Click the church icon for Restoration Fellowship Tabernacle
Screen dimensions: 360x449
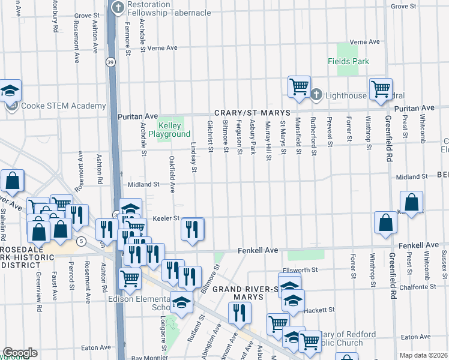[118, 8]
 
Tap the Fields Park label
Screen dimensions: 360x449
[348, 61]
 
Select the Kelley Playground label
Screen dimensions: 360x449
[169, 130]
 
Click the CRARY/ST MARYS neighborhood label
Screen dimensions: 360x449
[253, 113]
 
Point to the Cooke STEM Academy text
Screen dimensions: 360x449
[55, 106]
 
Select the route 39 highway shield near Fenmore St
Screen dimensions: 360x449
[110, 61]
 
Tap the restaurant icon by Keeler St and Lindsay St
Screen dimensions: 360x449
[193, 229]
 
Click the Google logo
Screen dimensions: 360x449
[19, 353]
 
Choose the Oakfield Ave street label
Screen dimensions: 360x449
[172, 174]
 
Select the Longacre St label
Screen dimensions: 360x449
[163, 336]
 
